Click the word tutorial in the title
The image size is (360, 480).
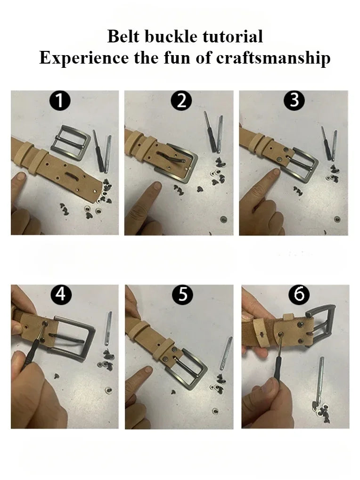233,36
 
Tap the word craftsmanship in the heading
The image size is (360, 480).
273,58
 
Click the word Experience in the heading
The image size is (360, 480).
83,58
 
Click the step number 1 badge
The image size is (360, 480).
60,101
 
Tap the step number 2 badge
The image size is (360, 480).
181,101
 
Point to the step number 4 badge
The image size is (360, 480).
61,294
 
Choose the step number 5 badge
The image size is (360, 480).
182,294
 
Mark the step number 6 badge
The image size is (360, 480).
299,294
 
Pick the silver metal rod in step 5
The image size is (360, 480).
226,353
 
